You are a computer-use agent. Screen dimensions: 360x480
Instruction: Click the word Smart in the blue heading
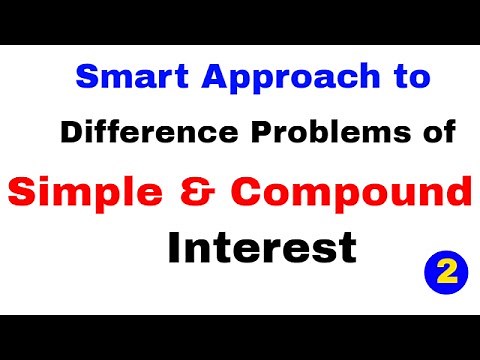click(x=117, y=77)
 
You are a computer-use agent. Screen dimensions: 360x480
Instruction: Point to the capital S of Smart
click(x=87, y=77)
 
